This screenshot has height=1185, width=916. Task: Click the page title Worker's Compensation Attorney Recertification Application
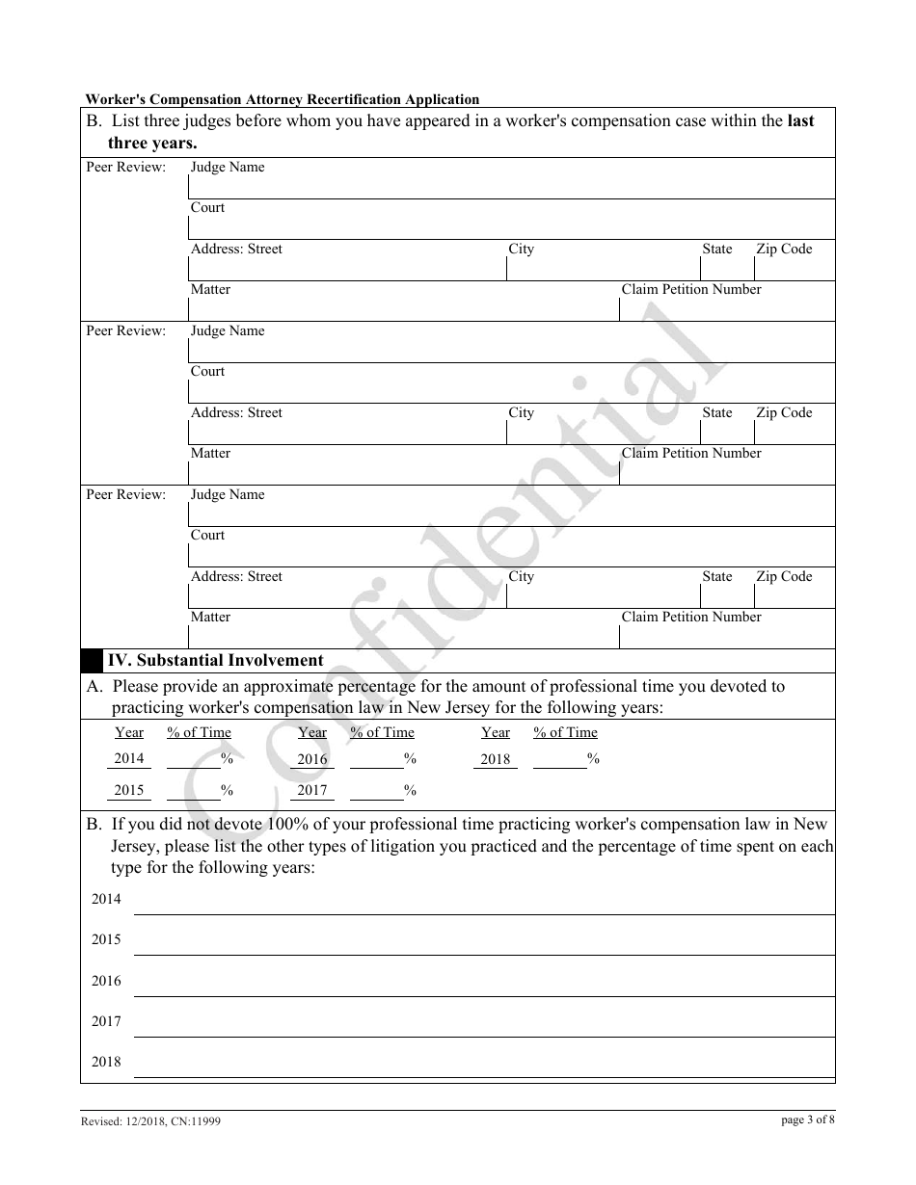coord(283,99)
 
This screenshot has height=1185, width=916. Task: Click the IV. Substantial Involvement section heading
coord(215,661)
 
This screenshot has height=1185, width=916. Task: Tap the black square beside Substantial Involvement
coord(92,661)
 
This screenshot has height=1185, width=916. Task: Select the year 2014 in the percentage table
coord(129,758)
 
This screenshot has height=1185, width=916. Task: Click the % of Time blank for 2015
coord(193,791)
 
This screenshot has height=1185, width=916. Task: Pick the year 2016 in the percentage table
coord(312,758)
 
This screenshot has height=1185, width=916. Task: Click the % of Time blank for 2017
coord(376,791)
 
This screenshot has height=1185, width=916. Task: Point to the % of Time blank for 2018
coord(559,759)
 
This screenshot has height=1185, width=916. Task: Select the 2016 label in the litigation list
coord(106,981)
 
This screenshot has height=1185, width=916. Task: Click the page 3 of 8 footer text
coord(808,1119)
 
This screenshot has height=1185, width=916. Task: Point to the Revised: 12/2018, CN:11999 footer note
coord(150,1121)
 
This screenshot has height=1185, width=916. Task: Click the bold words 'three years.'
coord(152,143)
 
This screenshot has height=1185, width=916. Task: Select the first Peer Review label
coord(126,168)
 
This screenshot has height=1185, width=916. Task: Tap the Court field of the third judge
coord(511,555)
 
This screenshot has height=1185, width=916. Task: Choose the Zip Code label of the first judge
coord(784,250)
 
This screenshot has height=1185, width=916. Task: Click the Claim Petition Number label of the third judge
coord(691,618)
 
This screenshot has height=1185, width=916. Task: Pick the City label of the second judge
coord(522,413)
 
